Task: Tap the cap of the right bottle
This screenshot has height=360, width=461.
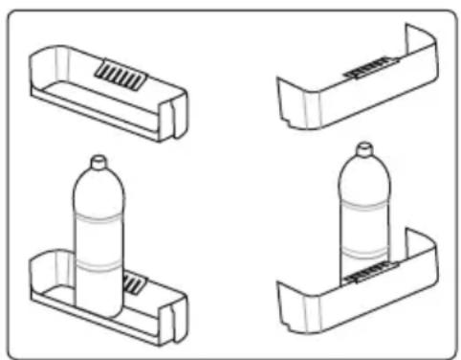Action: coord(362,151)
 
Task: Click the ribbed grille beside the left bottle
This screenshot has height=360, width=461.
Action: coord(135,283)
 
